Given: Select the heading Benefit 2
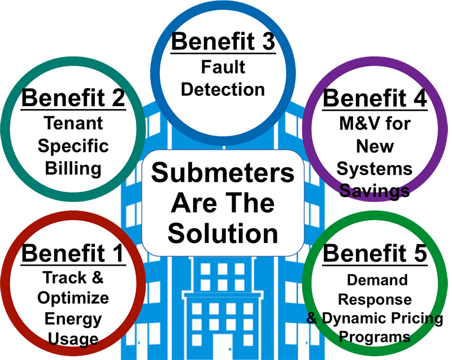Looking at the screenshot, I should [73, 98].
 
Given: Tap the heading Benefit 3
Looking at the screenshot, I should [223, 41].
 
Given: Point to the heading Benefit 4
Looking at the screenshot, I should [375, 98].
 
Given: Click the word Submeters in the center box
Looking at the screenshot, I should [223, 173].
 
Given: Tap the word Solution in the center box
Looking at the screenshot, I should [223, 233].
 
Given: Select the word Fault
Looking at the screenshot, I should [223, 67].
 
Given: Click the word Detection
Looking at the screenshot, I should [223, 89].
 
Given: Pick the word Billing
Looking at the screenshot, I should [73, 168].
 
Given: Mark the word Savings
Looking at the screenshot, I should [375, 191].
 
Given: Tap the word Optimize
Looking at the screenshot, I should [73, 298].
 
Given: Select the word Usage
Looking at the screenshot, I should [73, 339].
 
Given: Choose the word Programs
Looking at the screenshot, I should [375, 337].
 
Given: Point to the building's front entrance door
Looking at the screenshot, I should [223, 348].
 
